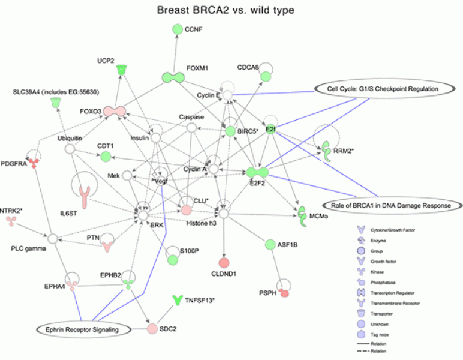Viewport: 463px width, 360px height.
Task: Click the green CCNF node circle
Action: [176, 29]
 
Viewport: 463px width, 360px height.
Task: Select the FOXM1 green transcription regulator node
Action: [175, 77]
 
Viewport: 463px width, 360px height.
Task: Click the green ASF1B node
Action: [270, 244]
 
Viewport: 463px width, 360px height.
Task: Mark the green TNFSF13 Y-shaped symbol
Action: [177, 299]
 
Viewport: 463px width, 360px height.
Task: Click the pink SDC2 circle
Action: [152, 328]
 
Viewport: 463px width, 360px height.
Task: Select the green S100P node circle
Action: [174, 260]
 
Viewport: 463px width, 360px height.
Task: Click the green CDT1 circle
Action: [106, 157]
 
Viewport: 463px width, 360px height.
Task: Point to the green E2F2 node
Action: [258, 173]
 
